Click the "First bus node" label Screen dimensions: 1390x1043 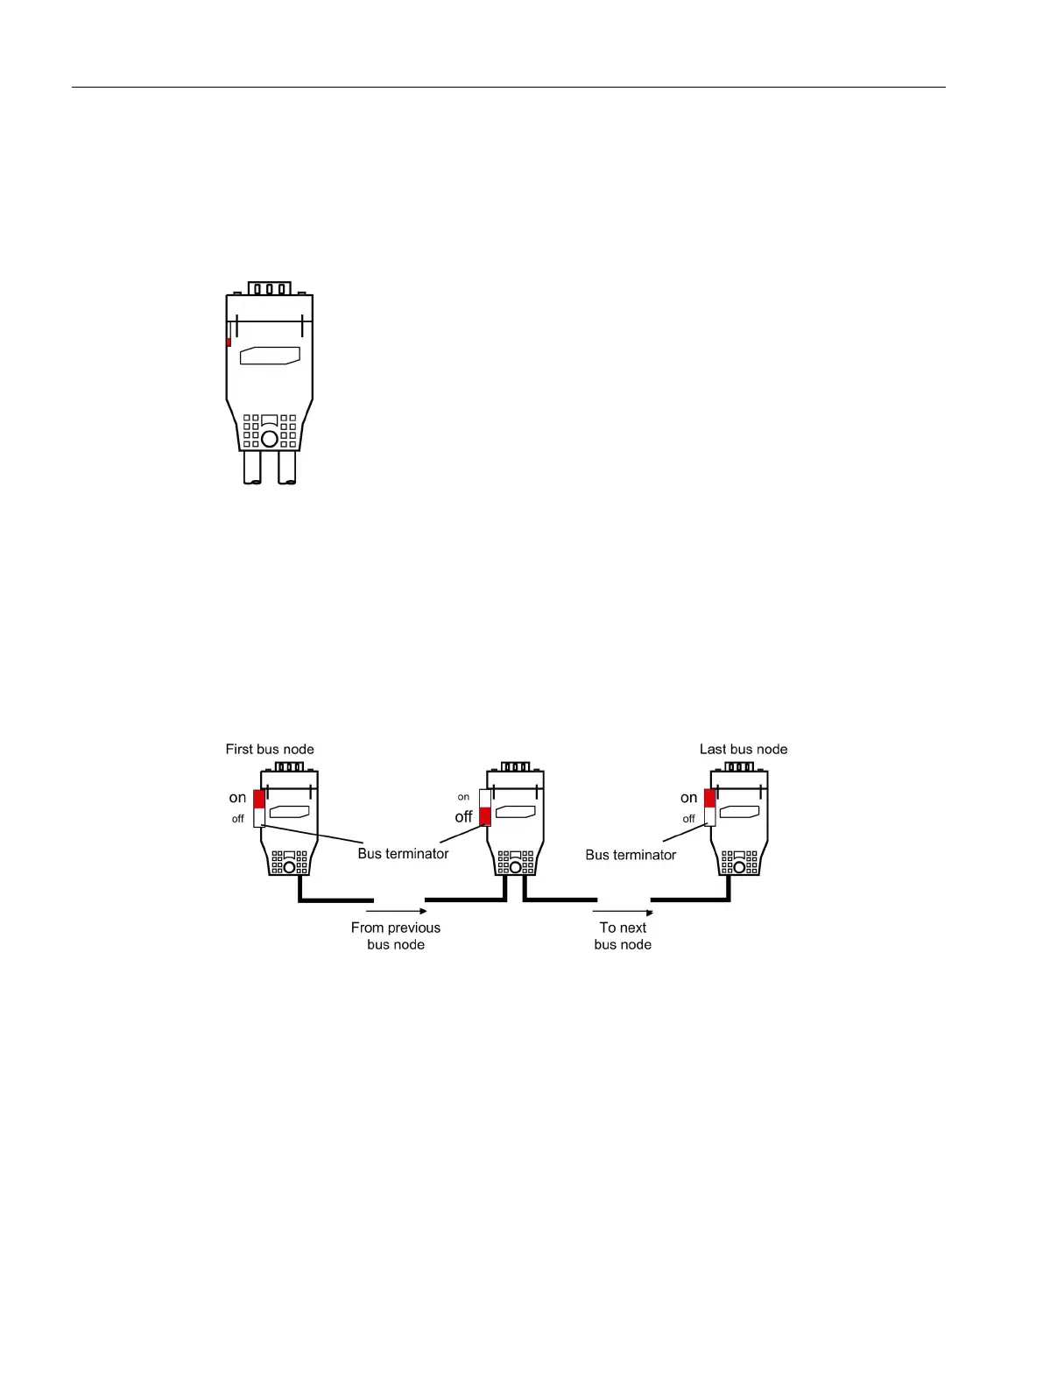click(270, 749)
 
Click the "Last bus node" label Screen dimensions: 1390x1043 click(743, 749)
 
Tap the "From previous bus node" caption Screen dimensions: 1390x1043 click(396, 935)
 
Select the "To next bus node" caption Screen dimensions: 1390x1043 click(623, 935)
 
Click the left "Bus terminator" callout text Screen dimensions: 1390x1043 click(403, 853)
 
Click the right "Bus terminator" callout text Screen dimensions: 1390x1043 click(631, 855)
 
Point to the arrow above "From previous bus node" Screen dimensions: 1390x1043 click(397, 912)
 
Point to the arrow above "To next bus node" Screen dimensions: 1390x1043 click(623, 912)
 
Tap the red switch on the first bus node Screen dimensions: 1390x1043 click(259, 799)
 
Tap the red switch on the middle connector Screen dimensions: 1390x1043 click(485, 817)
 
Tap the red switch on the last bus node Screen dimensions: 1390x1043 click(709, 798)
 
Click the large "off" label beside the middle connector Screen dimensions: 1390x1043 click(463, 816)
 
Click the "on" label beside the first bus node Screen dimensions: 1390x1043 click(237, 798)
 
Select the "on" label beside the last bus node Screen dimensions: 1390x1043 click(689, 798)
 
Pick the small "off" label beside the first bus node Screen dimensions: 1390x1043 click(237, 819)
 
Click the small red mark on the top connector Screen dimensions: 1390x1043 click(229, 342)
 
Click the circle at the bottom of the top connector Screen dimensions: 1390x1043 click(270, 438)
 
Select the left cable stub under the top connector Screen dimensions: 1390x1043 click(252, 467)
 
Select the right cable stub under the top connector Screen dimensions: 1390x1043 click(287, 467)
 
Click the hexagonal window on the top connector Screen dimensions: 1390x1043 click(270, 355)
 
